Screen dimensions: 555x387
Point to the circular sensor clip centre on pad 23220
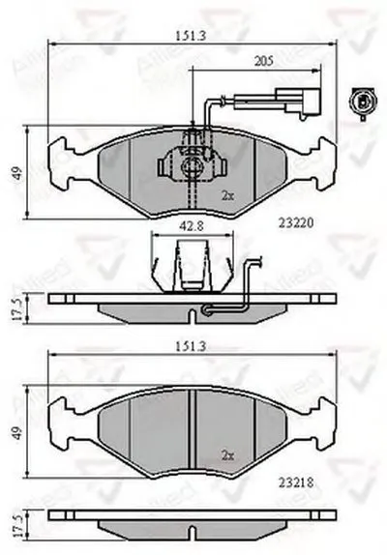193,166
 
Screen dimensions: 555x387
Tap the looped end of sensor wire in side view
206,309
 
